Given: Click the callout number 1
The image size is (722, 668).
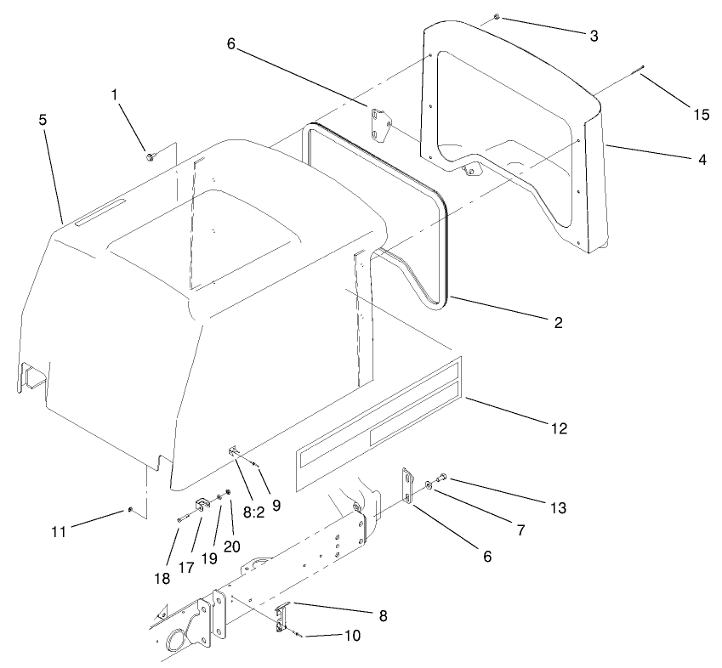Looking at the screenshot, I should click(x=114, y=96).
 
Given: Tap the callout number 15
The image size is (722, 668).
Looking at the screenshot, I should click(x=701, y=115).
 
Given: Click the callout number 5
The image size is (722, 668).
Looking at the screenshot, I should click(x=43, y=120).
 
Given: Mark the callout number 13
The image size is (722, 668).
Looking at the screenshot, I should click(x=557, y=508).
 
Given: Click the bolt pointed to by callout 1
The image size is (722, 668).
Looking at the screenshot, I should click(x=150, y=156).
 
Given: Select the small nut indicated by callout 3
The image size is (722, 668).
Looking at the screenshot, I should click(x=496, y=17).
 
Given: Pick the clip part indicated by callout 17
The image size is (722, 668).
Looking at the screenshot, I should click(x=204, y=505).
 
